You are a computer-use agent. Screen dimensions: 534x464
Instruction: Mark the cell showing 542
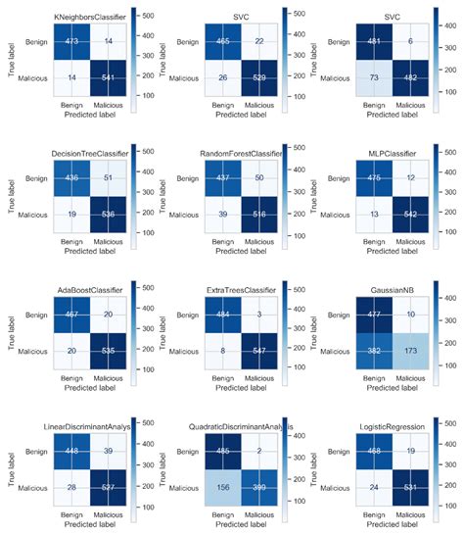[414, 214]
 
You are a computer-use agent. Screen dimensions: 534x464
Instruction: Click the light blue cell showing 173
[414, 349]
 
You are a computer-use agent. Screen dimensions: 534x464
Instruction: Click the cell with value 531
[414, 486]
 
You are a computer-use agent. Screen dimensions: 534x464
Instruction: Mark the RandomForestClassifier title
[242, 154]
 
